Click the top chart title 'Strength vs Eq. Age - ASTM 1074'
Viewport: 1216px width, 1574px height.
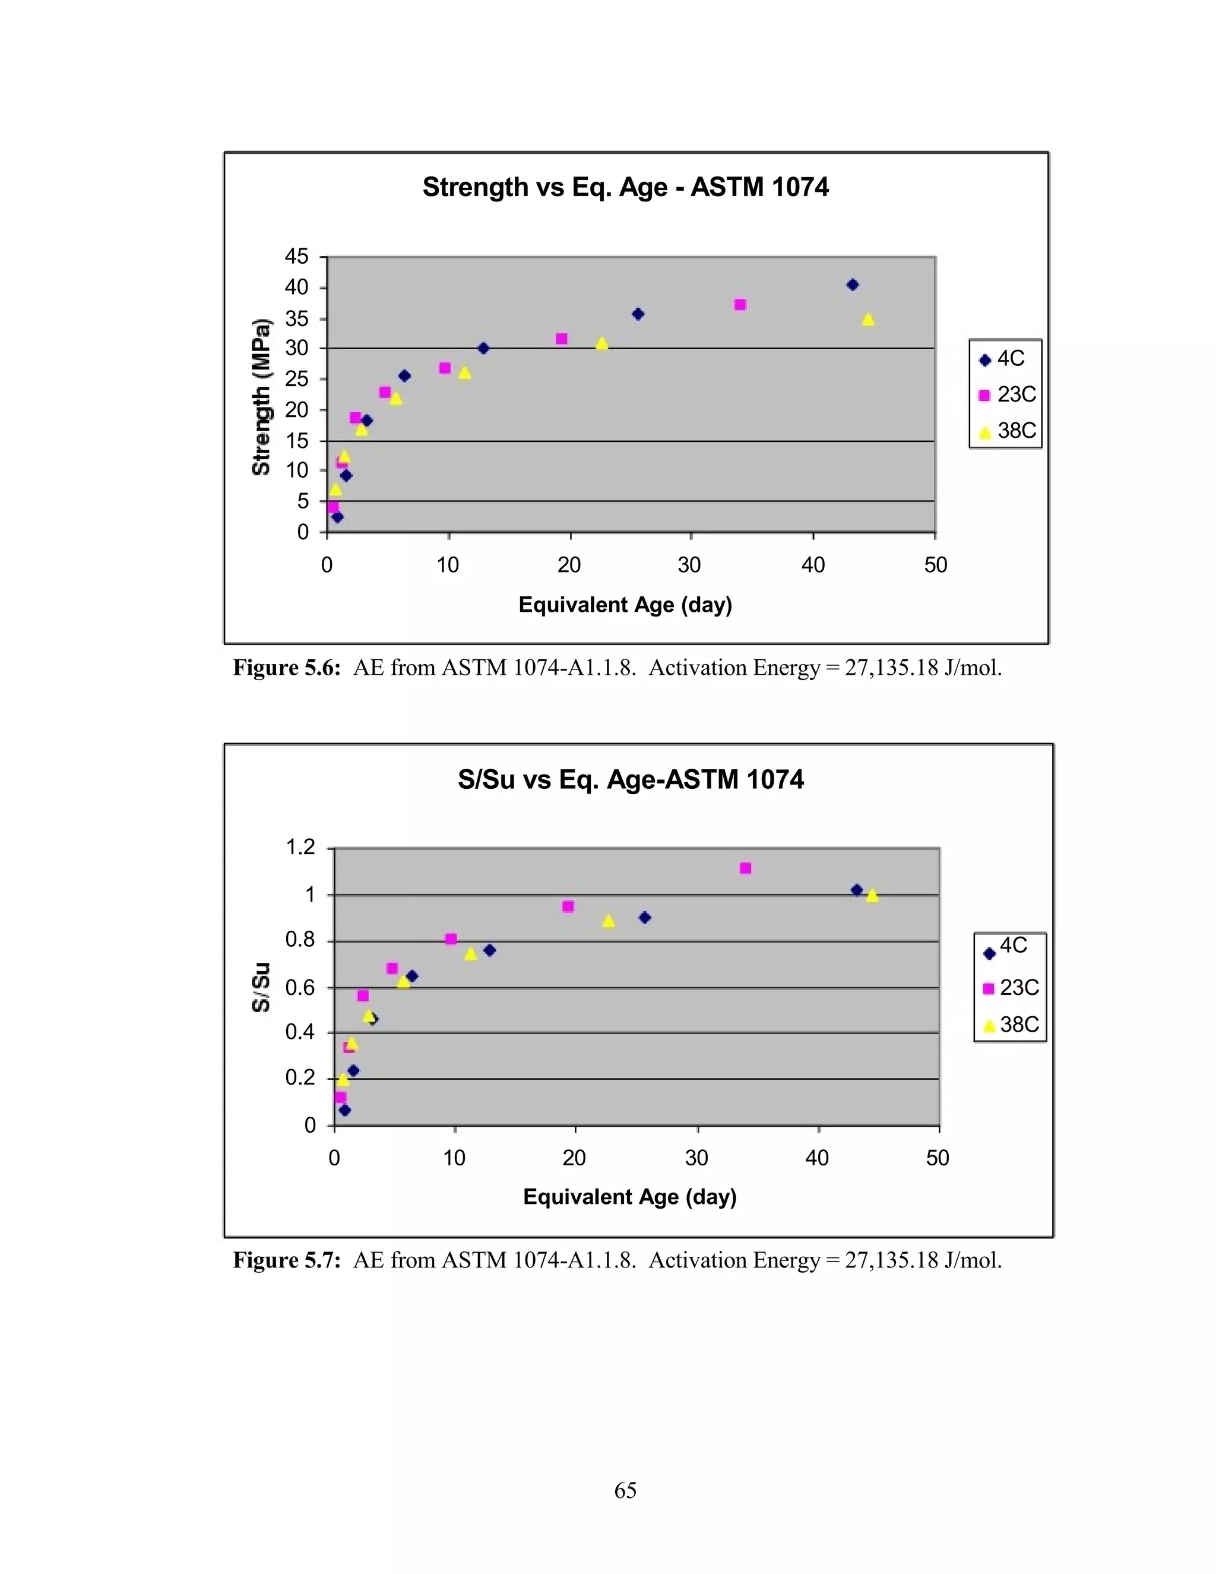pyautogui.click(x=625, y=187)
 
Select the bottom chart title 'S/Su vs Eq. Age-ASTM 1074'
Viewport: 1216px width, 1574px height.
pyautogui.click(x=631, y=779)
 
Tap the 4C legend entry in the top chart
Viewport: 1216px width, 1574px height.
pyautogui.click(x=1004, y=359)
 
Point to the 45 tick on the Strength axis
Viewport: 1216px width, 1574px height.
pyautogui.click(x=296, y=257)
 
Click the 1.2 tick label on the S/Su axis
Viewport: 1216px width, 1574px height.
pyautogui.click(x=300, y=847)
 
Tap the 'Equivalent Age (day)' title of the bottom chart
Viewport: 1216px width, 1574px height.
pyautogui.click(x=629, y=1197)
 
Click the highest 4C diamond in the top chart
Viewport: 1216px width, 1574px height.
pyautogui.click(x=852, y=285)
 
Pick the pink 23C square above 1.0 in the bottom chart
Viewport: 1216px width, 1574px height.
pyautogui.click(x=746, y=868)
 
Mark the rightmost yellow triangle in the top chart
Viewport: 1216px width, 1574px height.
pyautogui.click(x=868, y=320)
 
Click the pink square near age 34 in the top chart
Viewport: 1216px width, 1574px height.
pyautogui.click(x=740, y=305)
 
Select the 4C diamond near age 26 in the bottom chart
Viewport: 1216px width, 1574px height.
pyautogui.click(x=645, y=918)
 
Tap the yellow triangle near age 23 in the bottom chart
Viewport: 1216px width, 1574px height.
pyautogui.click(x=609, y=921)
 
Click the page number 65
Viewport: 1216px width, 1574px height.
pyautogui.click(x=625, y=1490)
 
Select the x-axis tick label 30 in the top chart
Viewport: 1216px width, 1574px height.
pyautogui.click(x=689, y=565)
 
